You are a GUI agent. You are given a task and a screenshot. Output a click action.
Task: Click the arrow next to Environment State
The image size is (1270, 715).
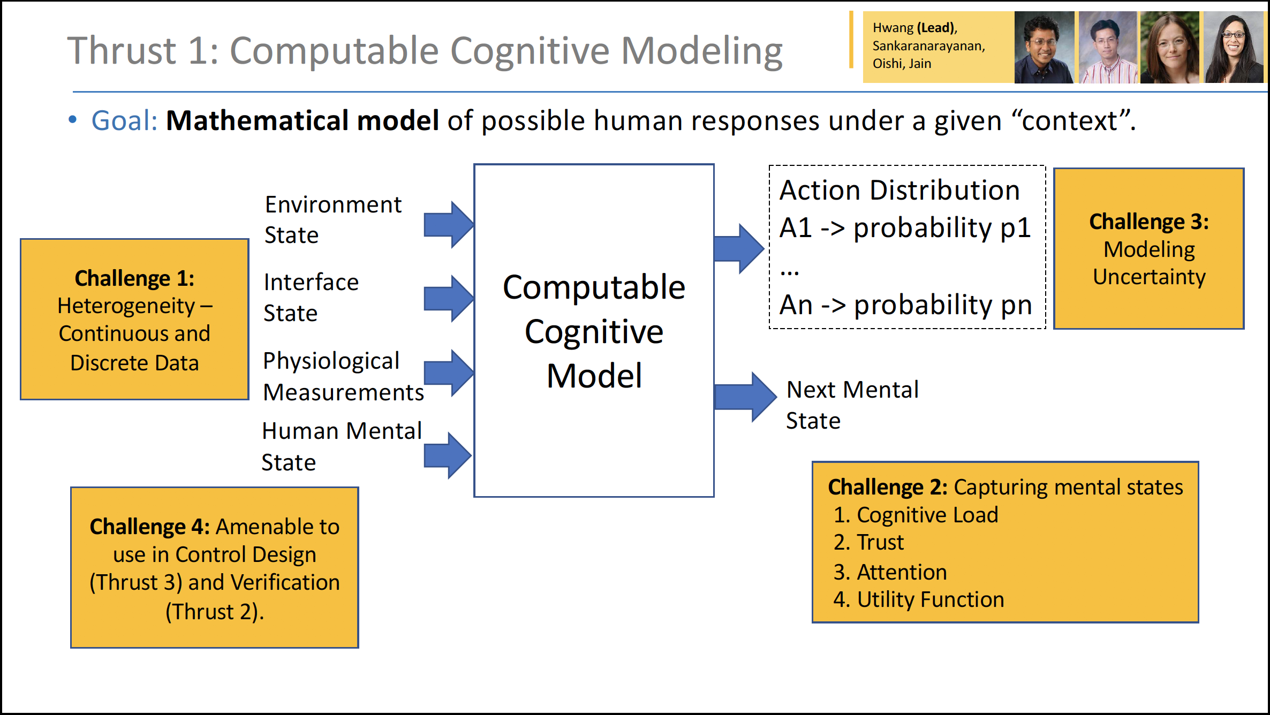(x=449, y=225)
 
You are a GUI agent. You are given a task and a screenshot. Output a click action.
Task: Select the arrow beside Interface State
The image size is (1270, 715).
(x=449, y=299)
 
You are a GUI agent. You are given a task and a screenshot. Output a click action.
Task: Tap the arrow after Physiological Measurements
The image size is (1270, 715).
(x=449, y=373)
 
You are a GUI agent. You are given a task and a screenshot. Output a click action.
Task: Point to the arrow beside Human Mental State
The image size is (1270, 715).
(x=448, y=455)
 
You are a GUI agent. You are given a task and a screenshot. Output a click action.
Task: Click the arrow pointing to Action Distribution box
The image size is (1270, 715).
(x=739, y=249)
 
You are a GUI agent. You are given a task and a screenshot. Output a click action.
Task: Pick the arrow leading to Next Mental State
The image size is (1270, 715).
(x=745, y=397)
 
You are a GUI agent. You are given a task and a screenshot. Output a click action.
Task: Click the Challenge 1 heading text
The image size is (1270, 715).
(x=134, y=278)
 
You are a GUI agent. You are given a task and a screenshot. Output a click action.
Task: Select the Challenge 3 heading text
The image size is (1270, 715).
(x=1149, y=222)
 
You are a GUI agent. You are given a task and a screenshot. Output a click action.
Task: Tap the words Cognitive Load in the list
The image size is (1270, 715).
(x=927, y=515)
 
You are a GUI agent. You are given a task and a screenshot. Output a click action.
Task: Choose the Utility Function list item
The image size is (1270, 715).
(x=931, y=599)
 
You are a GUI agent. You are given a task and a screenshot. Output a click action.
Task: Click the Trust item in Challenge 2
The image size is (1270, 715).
(x=880, y=542)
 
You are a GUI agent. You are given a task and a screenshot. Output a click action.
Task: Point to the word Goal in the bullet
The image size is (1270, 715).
(x=124, y=120)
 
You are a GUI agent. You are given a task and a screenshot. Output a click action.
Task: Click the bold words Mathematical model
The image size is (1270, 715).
(x=303, y=120)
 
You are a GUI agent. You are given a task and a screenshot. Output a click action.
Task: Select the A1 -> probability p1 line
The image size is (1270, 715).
(x=905, y=228)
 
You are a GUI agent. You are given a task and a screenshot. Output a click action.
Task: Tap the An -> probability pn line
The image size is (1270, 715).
(x=905, y=305)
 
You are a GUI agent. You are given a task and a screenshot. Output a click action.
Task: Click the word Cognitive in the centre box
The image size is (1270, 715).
(x=594, y=332)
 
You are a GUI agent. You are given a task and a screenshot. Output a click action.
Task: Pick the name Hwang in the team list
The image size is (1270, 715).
(x=893, y=28)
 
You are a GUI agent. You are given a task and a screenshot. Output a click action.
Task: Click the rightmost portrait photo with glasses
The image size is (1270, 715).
(x=1234, y=48)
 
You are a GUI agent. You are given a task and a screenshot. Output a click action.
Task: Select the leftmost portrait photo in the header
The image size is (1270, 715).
(x=1044, y=48)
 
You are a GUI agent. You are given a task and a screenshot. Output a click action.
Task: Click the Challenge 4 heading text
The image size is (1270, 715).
(x=149, y=527)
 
